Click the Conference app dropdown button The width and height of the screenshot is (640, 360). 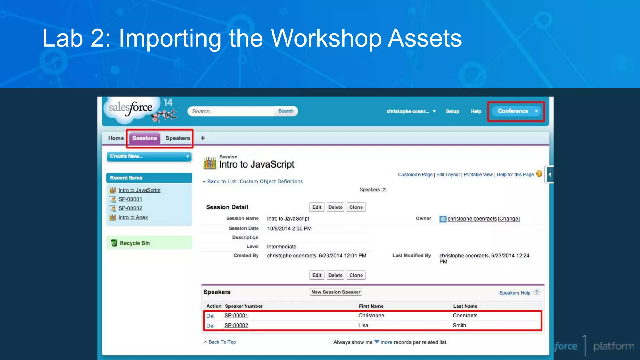coord(516,111)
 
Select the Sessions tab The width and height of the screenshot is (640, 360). coord(144,138)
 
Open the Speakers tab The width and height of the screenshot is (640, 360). coord(177,138)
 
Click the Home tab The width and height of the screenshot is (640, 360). coord(116,138)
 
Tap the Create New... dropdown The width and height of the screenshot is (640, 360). coord(149,156)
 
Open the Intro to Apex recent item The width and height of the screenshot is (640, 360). coord(133,217)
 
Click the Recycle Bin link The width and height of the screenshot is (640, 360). coord(135,243)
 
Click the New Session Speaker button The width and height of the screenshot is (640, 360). coord(336,292)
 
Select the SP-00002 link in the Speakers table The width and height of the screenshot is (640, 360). coord(236,326)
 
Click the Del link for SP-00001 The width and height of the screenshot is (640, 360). coord(210,316)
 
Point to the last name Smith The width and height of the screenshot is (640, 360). coord(459,326)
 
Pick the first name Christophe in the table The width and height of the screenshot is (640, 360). coord(371,316)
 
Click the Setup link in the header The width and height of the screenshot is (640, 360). coord(452,111)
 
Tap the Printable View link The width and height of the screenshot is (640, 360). coord(478,175)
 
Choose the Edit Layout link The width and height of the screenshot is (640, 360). coord(448,175)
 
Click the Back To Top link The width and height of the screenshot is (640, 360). coord(222,342)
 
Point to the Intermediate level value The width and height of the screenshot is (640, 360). coord(282,247)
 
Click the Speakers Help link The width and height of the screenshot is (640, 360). coord(514,293)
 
